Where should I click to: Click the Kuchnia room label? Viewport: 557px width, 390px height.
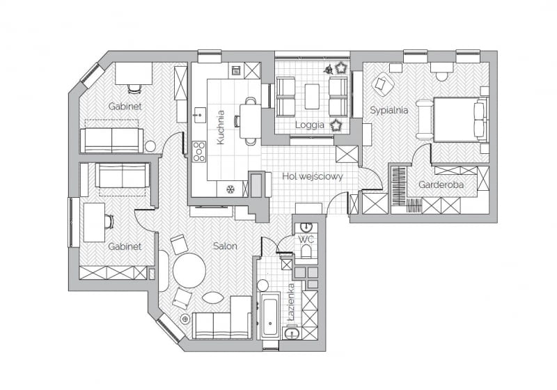(221, 127)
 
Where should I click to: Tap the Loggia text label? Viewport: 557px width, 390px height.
(310, 125)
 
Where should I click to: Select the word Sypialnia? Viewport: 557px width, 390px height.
(389, 110)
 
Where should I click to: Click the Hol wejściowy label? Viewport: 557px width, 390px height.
(313, 176)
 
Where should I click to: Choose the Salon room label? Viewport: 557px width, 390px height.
(225, 246)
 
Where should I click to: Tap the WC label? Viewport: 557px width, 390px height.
(306, 240)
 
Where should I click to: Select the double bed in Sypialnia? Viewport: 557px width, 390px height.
(460, 119)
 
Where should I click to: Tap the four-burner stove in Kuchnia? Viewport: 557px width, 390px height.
(199, 150)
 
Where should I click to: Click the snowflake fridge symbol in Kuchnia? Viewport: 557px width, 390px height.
(230, 188)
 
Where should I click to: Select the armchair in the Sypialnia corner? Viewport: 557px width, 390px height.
(382, 85)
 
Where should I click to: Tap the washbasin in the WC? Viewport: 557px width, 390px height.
(306, 227)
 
